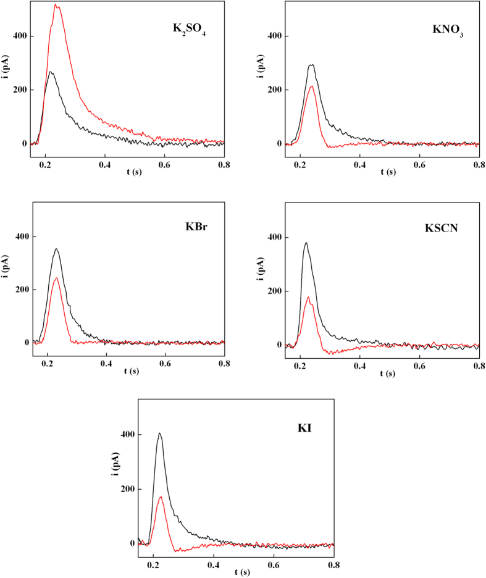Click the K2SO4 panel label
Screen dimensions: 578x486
tap(189, 30)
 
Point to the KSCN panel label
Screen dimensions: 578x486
tap(446, 226)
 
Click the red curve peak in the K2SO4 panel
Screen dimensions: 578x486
tap(56, 6)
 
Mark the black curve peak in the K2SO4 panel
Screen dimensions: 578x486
tap(51, 72)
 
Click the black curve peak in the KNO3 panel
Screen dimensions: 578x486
tap(311, 65)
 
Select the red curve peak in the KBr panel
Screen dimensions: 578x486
tap(57, 278)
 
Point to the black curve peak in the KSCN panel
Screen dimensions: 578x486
tap(306, 243)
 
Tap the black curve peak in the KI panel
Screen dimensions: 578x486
tap(159, 433)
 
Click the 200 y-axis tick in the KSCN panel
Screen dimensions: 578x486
tap(275, 291)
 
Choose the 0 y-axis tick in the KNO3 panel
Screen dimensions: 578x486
tap(279, 143)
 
